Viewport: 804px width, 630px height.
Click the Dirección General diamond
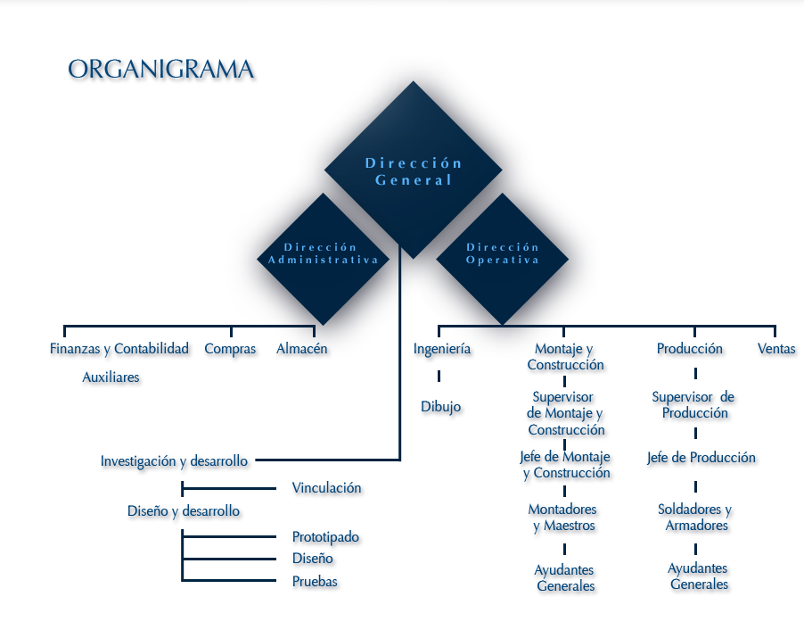click(x=413, y=170)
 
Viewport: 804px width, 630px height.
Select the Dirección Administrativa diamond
click(x=323, y=253)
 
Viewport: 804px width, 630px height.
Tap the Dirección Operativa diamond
click(x=503, y=253)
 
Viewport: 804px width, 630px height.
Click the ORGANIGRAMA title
click(x=161, y=71)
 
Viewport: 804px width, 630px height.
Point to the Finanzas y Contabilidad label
click(x=120, y=349)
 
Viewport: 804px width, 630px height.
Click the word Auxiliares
click(x=111, y=378)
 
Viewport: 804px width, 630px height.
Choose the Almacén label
click(x=301, y=349)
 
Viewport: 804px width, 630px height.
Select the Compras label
click(x=231, y=349)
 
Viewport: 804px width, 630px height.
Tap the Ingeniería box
click(x=442, y=349)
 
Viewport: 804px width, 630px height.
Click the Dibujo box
click(x=443, y=410)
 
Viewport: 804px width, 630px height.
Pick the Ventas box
click(x=777, y=350)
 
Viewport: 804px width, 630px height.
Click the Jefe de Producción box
click(x=702, y=460)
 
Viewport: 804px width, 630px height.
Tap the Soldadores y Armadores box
click(x=694, y=518)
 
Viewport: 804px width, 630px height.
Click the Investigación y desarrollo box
click(x=176, y=465)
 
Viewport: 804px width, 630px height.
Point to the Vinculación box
click(x=328, y=489)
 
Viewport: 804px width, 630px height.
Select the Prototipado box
click(x=327, y=539)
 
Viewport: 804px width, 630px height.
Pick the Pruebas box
click(x=317, y=583)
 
